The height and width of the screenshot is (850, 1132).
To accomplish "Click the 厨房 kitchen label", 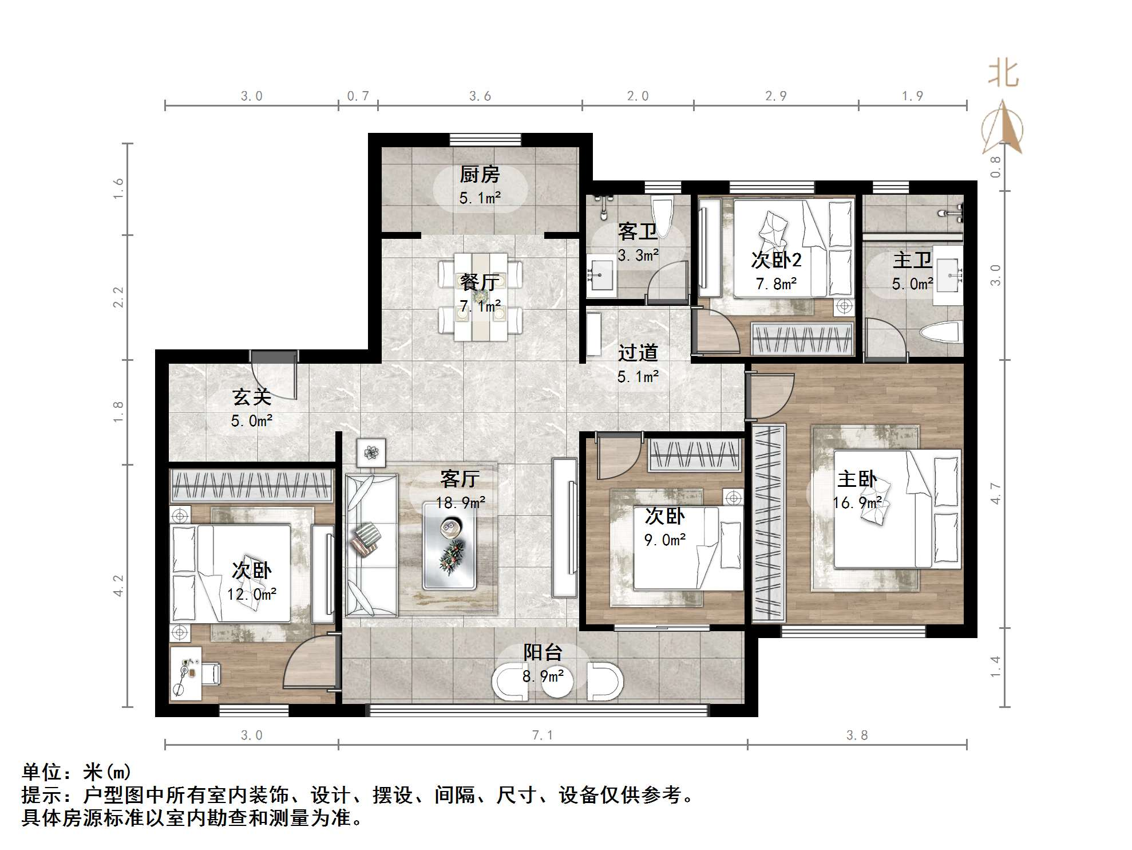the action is click(x=480, y=174).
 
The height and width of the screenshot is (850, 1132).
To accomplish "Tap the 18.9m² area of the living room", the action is click(x=460, y=502).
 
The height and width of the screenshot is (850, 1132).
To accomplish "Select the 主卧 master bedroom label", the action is click(x=857, y=479).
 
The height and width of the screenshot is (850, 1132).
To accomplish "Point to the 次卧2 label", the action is click(x=776, y=260).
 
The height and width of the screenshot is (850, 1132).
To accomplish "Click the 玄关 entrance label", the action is click(x=251, y=396).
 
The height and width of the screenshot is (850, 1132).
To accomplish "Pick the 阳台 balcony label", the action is click(x=543, y=652).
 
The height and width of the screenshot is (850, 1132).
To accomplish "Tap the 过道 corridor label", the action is click(x=638, y=352).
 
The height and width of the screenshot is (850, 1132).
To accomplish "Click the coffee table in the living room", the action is click(x=449, y=546).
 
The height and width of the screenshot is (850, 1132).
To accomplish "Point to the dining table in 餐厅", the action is click(x=481, y=297).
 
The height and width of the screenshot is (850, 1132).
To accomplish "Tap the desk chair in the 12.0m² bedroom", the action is click(x=209, y=673).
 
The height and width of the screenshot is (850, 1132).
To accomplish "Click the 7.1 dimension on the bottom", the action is click(x=543, y=735).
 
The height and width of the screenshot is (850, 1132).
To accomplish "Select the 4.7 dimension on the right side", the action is click(x=996, y=493).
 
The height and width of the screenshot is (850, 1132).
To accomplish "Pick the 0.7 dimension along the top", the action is click(x=358, y=96).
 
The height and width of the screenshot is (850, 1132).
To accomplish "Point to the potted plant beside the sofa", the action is click(x=371, y=453).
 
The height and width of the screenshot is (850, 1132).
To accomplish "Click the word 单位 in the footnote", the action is click(x=42, y=772).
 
